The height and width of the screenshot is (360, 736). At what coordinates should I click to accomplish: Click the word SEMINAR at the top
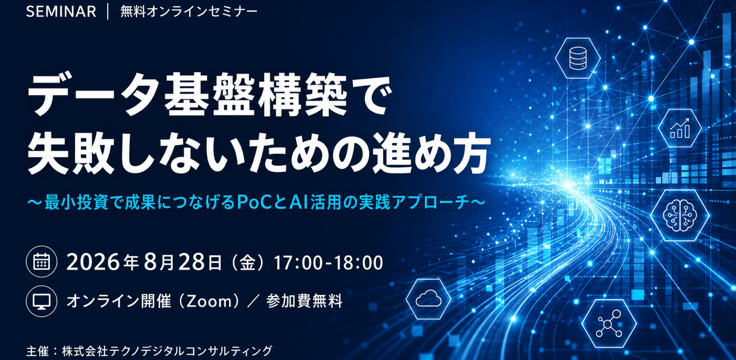point(61,12)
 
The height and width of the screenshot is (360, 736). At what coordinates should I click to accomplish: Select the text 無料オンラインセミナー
point(189,12)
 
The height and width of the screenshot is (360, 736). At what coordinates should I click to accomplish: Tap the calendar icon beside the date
point(42,262)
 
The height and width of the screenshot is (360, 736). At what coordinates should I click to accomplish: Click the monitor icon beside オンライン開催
point(42,301)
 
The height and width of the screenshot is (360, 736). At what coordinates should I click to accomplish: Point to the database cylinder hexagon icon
point(578,58)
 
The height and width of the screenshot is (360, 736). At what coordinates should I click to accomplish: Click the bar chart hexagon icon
point(680,128)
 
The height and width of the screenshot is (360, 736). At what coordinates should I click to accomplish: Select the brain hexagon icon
point(680,215)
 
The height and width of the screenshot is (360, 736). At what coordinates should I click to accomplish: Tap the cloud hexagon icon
point(428,299)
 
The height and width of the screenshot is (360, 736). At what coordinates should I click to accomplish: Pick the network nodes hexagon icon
point(609,323)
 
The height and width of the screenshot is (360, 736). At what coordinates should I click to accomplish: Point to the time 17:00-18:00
point(328,263)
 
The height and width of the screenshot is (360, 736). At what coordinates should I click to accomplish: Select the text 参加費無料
point(304,301)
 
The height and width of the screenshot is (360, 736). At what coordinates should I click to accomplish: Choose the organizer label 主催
point(38,351)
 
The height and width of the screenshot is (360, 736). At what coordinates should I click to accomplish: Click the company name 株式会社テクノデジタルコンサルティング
point(167,351)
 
